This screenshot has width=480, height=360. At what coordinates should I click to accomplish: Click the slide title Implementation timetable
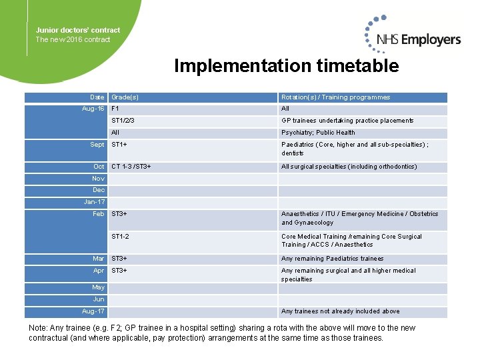tap(286, 66)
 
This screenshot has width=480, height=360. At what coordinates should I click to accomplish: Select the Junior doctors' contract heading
tap(78, 30)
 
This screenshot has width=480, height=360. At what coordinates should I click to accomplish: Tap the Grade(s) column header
tap(125, 97)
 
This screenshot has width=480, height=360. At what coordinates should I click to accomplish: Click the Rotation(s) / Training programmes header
tap(335, 97)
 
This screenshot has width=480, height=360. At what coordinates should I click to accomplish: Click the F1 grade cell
tap(115, 109)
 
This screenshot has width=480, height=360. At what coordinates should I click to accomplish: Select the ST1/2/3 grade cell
tap(123, 121)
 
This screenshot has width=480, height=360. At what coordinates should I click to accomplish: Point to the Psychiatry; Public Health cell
tap(318, 133)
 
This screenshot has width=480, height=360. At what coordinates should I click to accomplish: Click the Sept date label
tap(97, 145)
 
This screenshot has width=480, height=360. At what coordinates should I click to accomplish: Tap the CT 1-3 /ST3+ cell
tap(131, 167)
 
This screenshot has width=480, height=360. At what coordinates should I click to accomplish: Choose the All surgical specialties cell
tap(349, 167)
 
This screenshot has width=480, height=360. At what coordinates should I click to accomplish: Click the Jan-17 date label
tap(94, 202)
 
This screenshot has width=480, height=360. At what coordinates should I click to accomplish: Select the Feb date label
tap(99, 214)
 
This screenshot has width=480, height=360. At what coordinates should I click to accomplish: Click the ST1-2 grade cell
tap(121, 237)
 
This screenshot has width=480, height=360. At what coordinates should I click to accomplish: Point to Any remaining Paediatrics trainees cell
tap(332, 259)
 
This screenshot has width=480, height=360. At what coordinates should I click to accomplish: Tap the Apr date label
tap(99, 271)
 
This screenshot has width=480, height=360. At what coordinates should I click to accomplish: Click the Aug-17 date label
tap(93, 311)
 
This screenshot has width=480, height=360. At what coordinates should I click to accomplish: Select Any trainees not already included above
tap(340, 311)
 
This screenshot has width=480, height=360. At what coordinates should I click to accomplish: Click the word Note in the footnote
tap(38, 328)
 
